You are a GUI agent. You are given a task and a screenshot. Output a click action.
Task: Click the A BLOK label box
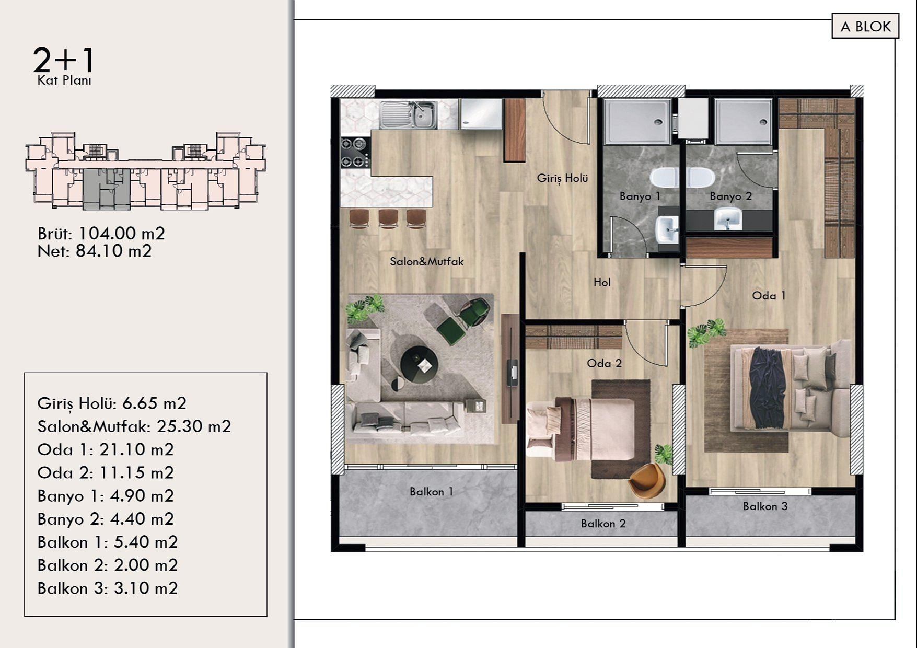coord(865,26)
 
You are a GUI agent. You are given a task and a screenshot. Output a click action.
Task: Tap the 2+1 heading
coord(64,60)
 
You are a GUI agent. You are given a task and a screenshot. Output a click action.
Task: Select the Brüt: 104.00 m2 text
coord(101,233)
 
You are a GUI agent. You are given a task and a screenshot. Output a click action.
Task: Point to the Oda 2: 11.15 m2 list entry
coord(105,472)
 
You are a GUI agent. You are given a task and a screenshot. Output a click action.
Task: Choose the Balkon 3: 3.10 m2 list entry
coord(107,588)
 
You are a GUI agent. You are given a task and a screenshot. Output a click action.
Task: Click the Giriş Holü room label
coord(562,178)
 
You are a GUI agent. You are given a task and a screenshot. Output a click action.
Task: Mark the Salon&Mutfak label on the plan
coord(426,261)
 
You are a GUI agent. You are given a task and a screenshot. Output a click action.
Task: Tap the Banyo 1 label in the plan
coord(640,196)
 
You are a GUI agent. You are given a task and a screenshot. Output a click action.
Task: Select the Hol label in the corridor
coord(602,283)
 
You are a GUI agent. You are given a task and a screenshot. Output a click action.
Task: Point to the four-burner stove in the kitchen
coord(355,152)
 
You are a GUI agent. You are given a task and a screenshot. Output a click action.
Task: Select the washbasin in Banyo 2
coord(727,218)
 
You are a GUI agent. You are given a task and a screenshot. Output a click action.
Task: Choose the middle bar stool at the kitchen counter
coord(389,218)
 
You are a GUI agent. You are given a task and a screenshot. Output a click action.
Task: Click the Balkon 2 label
coord(603,524)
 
